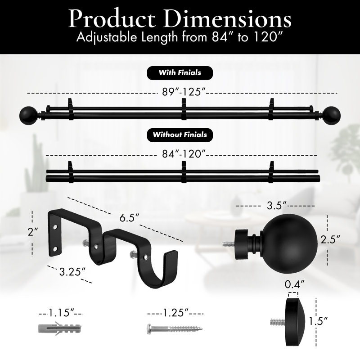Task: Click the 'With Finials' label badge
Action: click(x=180, y=73)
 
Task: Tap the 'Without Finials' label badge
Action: click(x=180, y=135)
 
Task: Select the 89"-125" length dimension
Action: click(x=183, y=92)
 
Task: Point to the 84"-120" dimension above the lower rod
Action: click(x=183, y=154)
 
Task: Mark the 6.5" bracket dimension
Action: click(x=129, y=218)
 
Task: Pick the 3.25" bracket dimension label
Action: click(x=72, y=272)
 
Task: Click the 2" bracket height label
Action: click(x=33, y=232)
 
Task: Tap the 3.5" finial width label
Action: click(x=277, y=206)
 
